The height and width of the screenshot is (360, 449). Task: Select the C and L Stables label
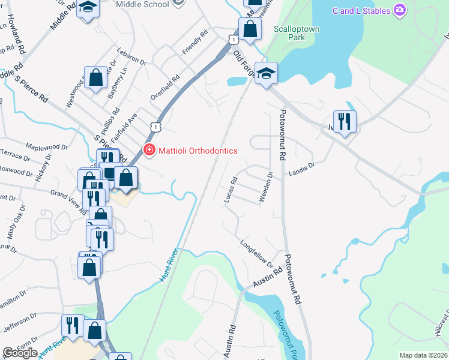[361, 10]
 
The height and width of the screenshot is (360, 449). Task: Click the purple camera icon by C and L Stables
[399, 10]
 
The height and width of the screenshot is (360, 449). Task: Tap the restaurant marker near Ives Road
[345, 122]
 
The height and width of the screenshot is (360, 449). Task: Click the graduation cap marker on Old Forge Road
[266, 73]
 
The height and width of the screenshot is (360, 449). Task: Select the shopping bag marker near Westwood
[95, 77]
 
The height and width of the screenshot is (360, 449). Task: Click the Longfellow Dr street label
[256, 254]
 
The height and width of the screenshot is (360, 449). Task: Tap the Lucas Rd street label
[230, 190]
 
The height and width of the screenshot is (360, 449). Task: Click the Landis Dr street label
[301, 168]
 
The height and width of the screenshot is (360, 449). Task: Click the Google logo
[20, 353]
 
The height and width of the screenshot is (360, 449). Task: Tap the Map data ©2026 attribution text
[423, 355]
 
